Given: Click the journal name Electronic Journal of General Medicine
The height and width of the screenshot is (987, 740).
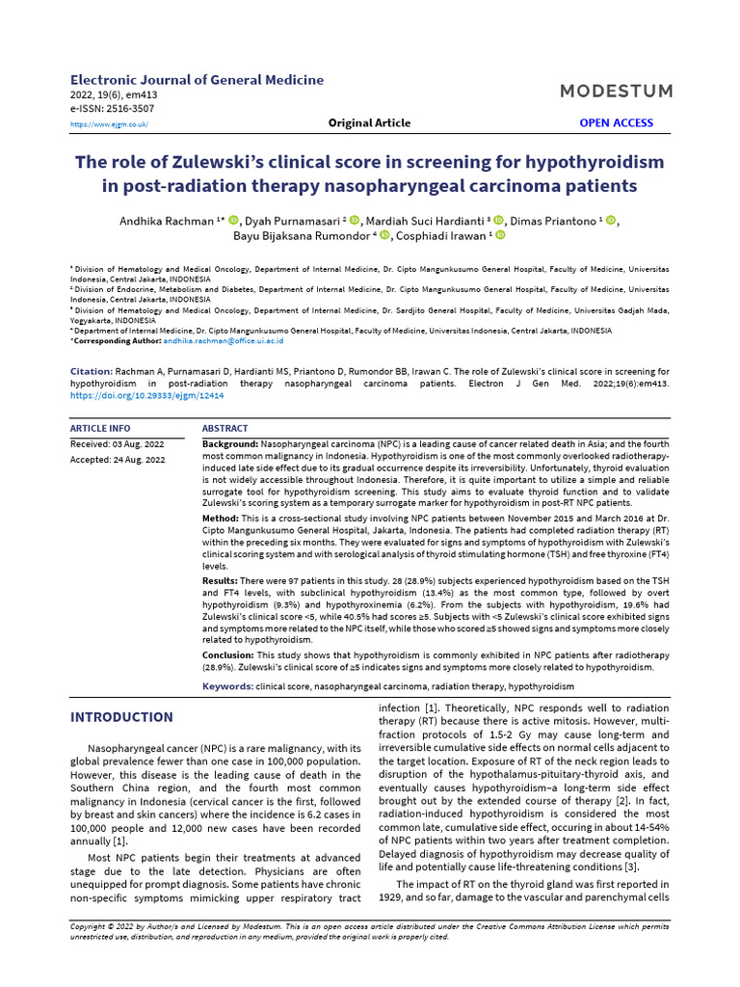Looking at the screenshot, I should click(x=198, y=80).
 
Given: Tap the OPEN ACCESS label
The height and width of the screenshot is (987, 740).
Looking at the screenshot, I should click(x=616, y=123).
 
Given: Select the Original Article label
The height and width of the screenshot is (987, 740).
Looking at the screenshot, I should click(x=369, y=123).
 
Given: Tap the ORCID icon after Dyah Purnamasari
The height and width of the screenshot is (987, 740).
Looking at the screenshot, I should click(x=354, y=221).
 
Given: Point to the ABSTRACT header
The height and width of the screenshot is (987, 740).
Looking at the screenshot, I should click(x=225, y=428).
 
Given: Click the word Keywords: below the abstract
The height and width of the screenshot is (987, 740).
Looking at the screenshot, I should click(x=227, y=686).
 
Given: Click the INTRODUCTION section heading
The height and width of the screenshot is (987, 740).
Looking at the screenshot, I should click(x=122, y=717).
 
